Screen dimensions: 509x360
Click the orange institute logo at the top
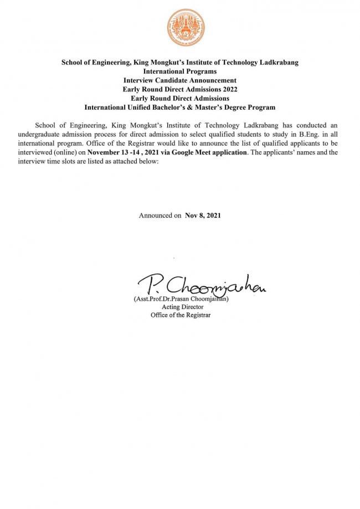click(185, 28)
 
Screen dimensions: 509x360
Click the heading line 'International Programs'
click(180, 71)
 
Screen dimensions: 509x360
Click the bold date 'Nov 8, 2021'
click(203, 215)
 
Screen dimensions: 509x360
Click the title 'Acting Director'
click(183, 307)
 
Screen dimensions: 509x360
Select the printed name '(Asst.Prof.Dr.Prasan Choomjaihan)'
click(181, 299)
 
